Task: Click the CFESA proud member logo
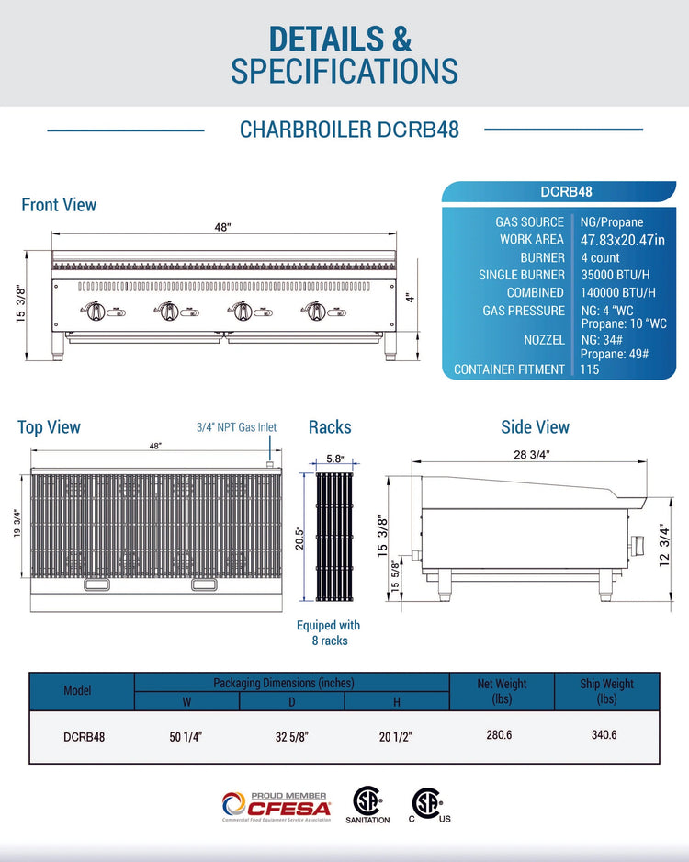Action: point(277,807)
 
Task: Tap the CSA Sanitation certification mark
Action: point(367,805)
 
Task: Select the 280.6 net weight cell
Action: point(499,735)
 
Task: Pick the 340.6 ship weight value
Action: point(604,735)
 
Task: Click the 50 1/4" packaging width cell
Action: point(186,737)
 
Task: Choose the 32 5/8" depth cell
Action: point(292,737)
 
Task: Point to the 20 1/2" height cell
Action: point(396,737)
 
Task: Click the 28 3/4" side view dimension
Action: point(531,455)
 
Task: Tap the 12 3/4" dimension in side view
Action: point(665,545)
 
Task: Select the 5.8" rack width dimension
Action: point(334,459)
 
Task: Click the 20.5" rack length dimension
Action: point(299,539)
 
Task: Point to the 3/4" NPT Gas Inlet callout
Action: point(236,427)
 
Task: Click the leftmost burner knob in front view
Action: point(96,312)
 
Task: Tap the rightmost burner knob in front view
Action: point(315,312)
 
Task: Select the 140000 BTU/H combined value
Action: point(617,292)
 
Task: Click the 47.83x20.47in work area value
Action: point(623,240)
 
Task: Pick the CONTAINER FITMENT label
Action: point(509,369)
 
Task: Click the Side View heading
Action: point(536,427)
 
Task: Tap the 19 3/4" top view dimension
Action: point(17,524)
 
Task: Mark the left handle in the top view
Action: point(96,584)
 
